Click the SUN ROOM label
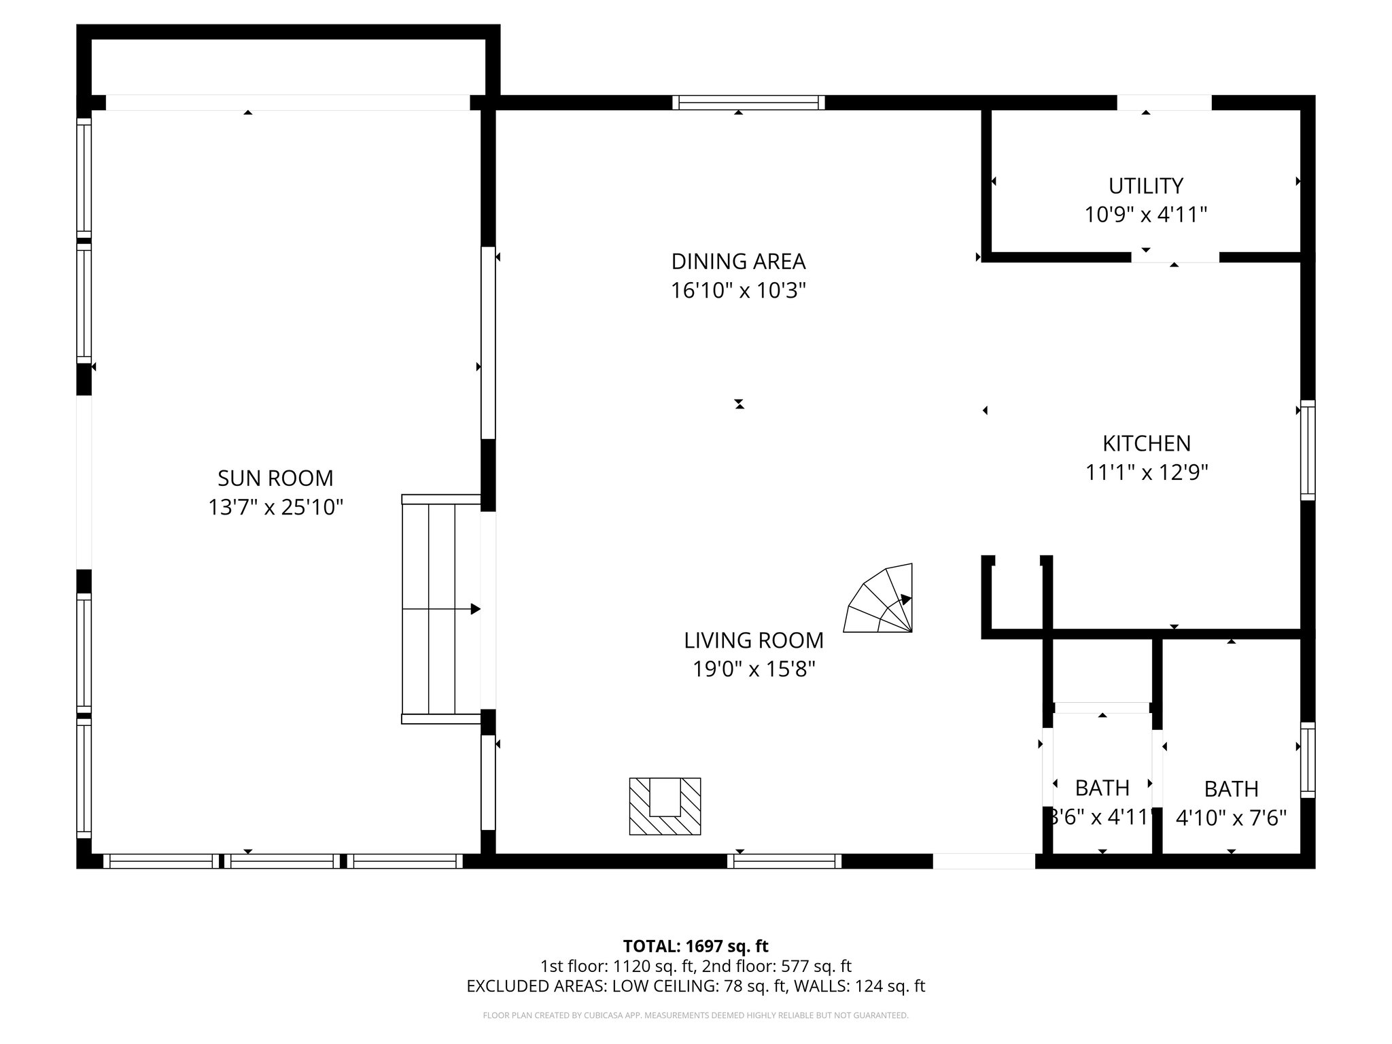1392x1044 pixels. [x=275, y=478]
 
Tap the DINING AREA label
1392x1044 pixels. [x=738, y=262]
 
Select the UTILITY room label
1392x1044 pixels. [x=1145, y=186]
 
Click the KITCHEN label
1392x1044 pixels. [x=1146, y=443]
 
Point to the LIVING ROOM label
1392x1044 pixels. [x=753, y=640]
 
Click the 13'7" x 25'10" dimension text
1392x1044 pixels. [x=275, y=508]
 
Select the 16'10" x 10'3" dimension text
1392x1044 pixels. [x=738, y=291]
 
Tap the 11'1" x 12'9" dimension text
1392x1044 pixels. [x=1146, y=472]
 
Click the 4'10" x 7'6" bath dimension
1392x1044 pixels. [x=1231, y=818]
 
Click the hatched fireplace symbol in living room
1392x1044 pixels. [x=665, y=806]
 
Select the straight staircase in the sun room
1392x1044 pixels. [x=441, y=609]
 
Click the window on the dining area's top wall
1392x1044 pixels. [x=748, y=103]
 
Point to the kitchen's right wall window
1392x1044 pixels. [x=1308, y=450]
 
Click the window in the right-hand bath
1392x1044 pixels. [x=1308, y=760]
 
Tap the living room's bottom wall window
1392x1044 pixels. [x=784, y=861]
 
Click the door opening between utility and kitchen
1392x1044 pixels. [x=1174, y=257]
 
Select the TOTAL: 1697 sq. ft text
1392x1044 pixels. [x=695, y=946]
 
